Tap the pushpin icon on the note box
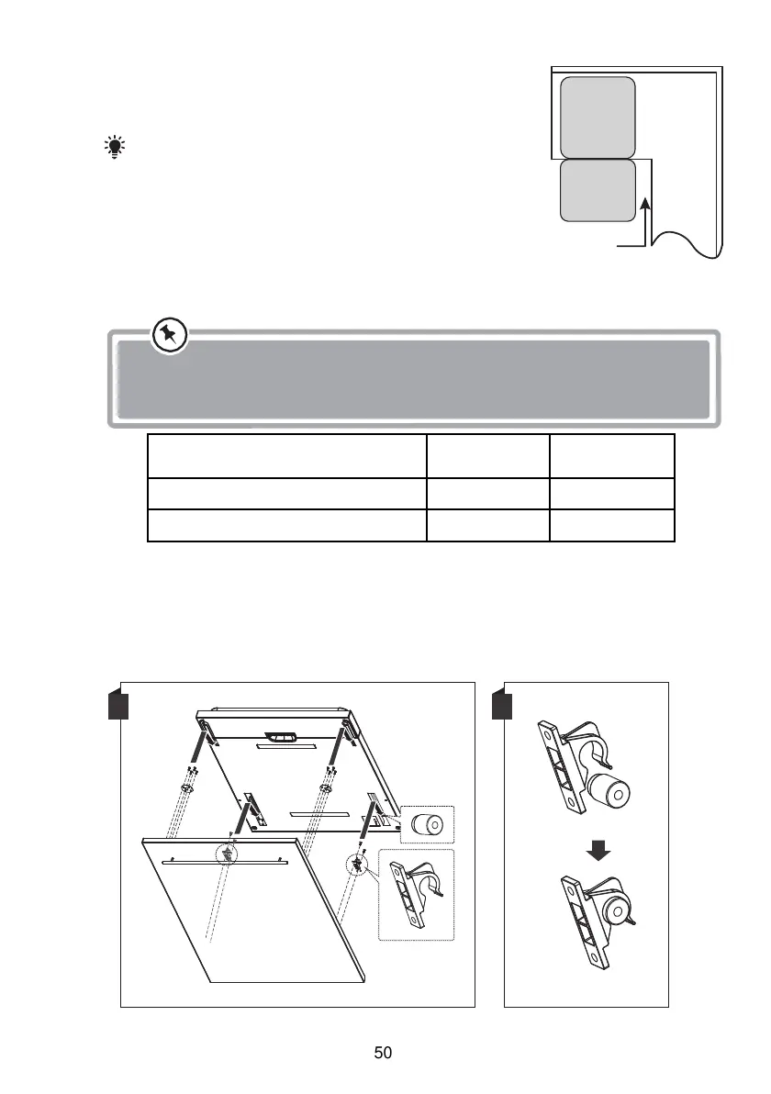[x=168, y=335]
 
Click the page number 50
[x=384, y=1053]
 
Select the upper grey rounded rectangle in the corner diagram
[x=598, y=117]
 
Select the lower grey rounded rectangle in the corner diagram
[x=598, y=191]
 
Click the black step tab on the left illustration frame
[x=117, y=705]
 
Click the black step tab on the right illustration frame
[x=501, y=705]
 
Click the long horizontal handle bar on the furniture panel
[x=225, y=863]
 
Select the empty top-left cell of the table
[x=287, y=456]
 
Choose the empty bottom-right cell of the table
[x=612, y=526]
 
